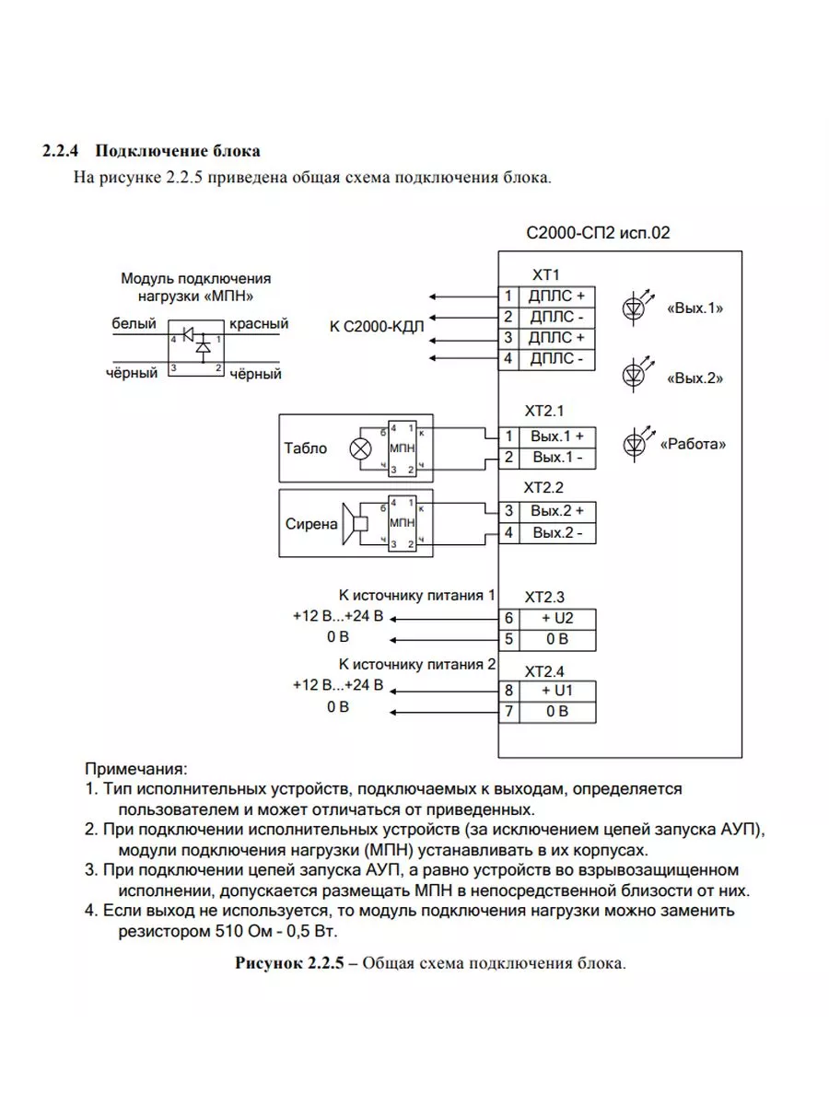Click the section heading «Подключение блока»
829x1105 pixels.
pyautogui.click(x=178, y=150)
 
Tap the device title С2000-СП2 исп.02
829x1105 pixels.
pyautogui.click(x=598, y=233)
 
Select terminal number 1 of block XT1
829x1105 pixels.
pyautogui.click(x=508, y=297)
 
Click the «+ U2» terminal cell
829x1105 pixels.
pyautogui.click(x=557, y=619)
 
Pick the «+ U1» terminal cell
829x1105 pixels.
pyautogui.click(x=557, y=691)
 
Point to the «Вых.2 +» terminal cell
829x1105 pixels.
pyautogui.click(x=557, y=510)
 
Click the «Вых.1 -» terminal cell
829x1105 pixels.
pyautogui.click(x=557, y=457)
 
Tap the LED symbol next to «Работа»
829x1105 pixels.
pyautogui.click(x=634, y=442)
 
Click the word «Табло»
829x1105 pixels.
pyautogui.click(x=307, y=448)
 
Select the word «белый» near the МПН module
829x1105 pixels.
pyautogui.click(x=134, y=324)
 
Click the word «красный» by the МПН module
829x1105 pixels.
pyautogui.click(x=259, y=324)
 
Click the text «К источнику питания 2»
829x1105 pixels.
pyautogui.click(x=417, y=663)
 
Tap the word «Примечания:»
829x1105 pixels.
pyautogui.click(x=135, y=768)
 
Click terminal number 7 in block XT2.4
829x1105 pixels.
pyautogui.click(x=508, y=711)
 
